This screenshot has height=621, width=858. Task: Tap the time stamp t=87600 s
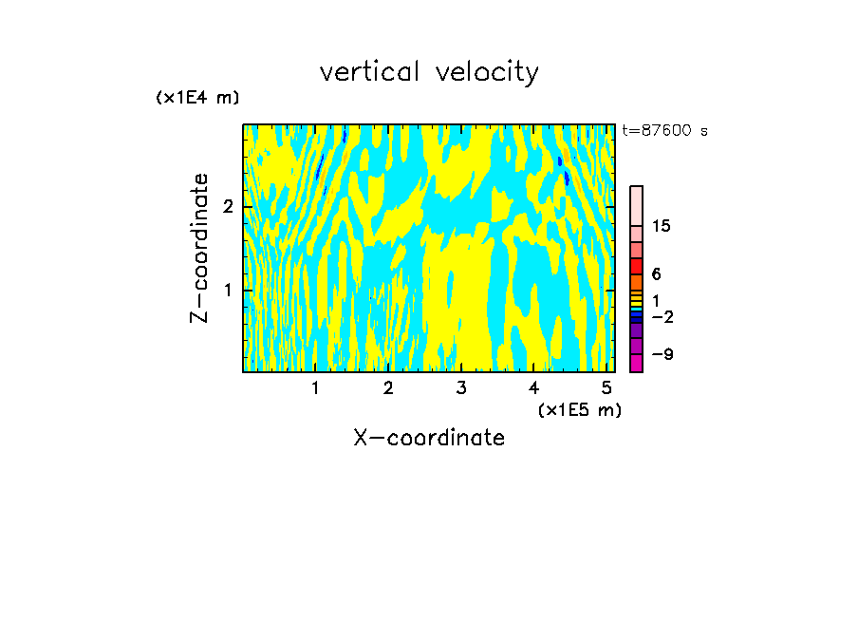tap(664, 131)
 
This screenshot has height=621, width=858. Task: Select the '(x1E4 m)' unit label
tap(197, 98)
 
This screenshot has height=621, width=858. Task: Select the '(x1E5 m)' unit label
tap(579, 409)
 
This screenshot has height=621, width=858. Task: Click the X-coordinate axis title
tap(429, 438)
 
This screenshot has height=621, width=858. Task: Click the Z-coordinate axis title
tap(199, 248)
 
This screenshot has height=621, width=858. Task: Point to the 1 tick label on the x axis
tap(315, 387)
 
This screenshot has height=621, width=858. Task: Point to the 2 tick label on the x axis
tap(388, 387)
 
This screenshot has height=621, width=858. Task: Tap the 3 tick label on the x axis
tap(460, 387)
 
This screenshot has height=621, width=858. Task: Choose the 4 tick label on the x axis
tap(533, 387)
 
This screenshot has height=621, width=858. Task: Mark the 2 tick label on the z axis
tap(228, 207)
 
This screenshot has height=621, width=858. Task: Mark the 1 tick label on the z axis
tap(228, 290)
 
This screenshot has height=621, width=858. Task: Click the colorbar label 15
tap(662, 226)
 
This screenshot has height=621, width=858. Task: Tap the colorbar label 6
tap(656, 274)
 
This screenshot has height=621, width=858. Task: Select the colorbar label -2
tap(662, 316)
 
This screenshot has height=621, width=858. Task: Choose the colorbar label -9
tap(662, 354)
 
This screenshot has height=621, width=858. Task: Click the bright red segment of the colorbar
tap(636, 266)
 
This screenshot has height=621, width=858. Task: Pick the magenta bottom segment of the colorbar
tap(636, 363)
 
